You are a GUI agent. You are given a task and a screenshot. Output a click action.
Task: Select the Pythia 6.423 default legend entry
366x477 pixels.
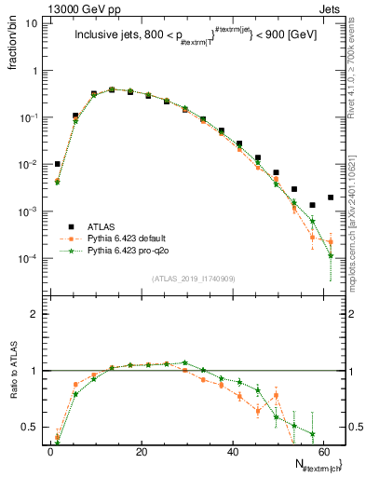(127, 238)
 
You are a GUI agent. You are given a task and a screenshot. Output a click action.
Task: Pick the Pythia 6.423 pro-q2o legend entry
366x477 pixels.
(127, 251)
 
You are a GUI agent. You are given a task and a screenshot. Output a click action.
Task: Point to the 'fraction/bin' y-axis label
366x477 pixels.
(14, 47)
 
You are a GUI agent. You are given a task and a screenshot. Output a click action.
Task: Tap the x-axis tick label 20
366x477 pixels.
(141, 451)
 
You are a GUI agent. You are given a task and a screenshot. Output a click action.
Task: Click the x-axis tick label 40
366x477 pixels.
(232, 451)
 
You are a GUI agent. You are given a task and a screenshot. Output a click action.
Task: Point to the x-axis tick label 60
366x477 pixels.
(323, 451)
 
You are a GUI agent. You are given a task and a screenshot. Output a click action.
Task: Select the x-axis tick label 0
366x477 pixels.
(50, 451)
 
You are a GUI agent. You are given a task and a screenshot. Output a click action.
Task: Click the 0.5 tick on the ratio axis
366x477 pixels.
(34, 428)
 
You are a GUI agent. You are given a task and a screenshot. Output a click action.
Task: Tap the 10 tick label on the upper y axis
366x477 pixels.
(34, 23)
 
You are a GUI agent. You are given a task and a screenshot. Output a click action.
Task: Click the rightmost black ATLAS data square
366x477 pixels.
(331, 197)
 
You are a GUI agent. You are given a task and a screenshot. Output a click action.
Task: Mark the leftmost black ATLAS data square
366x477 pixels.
(57, 164)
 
